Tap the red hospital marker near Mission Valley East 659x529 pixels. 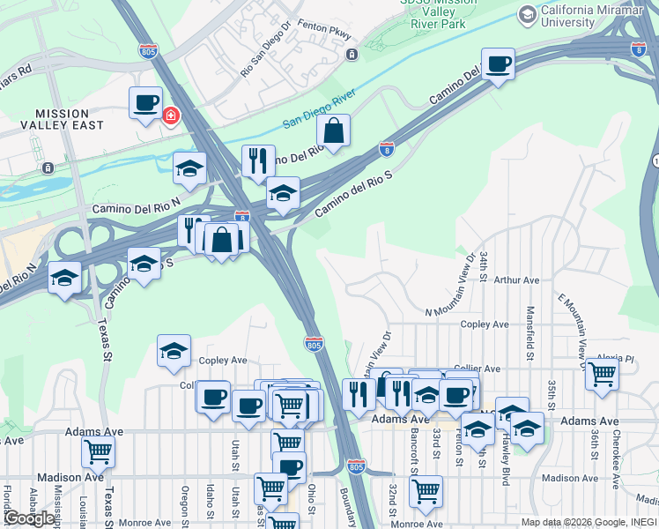(x=170, y=115)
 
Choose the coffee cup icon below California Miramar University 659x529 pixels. (x=499, y=64)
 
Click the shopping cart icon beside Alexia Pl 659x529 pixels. (x=602, y=374)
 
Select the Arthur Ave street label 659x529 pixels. (x=516, y=280)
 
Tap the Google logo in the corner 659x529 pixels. (x=29, y=518)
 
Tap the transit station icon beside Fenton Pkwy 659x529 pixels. (x=352, y=55)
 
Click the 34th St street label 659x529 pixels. (x=484, y=265)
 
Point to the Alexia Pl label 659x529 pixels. (x=615, y=359)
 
